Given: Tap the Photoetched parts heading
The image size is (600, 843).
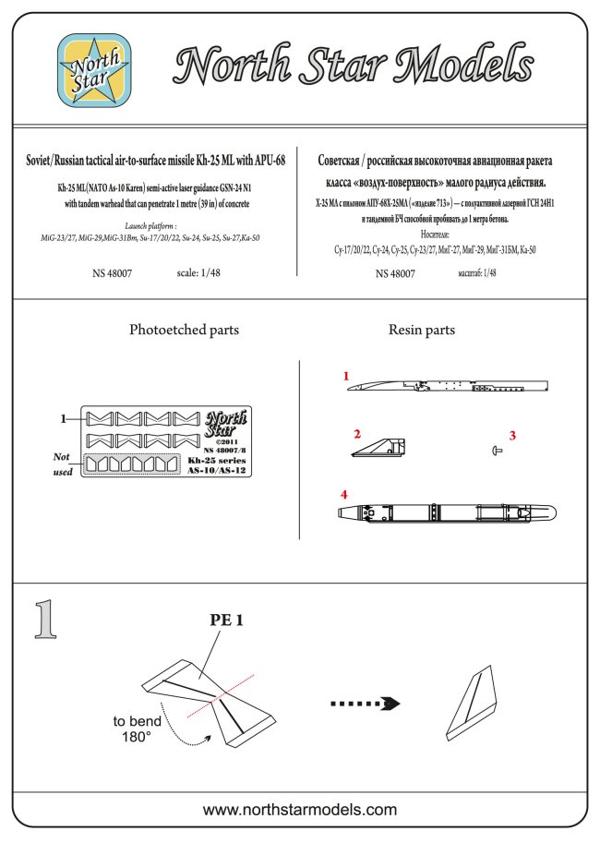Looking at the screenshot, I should (x=184, y=330).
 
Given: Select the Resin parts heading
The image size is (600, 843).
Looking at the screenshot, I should (x=422, y=330).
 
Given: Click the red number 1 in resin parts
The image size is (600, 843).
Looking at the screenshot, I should (x=345, y=377).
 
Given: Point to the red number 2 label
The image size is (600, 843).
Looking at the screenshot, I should (x=356, y=433).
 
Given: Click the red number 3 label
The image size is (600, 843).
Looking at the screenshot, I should (x=513, y=434).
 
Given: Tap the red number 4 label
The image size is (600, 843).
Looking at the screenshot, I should (x=344, y=495).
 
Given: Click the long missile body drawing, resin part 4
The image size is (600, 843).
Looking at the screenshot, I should (x=444, y=512).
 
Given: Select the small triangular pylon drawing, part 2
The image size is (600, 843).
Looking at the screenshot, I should (x=378, y=450).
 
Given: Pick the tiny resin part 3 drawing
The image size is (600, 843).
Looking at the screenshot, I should (x=498, y=450).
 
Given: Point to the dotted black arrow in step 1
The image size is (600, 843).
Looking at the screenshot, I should (x=366, y=703).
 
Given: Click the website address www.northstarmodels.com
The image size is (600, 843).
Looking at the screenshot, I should (x=299, y=810).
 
